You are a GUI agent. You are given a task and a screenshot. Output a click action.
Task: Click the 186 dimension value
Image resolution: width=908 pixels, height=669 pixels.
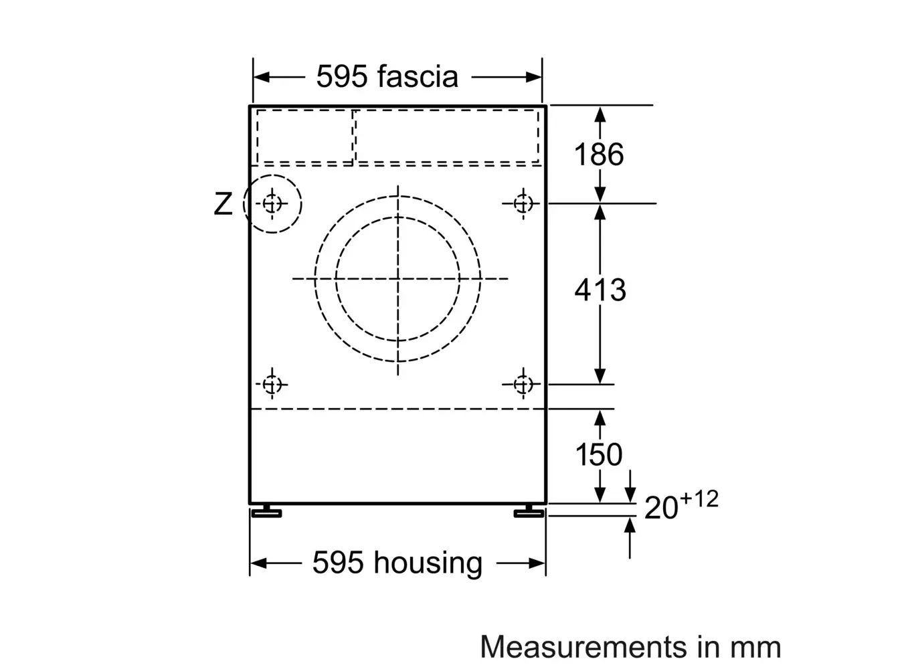[x=599, y=155]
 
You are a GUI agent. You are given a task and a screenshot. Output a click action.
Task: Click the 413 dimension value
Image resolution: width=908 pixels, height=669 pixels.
[x=600, y=290]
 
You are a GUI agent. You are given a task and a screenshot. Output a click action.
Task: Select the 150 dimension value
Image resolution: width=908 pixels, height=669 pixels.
[x=599, y=455]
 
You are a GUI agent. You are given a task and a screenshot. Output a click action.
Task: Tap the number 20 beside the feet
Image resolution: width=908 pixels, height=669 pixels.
[x=660, y=507]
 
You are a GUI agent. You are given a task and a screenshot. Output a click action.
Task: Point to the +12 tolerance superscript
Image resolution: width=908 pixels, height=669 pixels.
[x=699, y=499]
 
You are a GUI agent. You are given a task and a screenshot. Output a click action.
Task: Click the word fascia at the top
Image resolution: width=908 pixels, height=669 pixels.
[x=418, y=76]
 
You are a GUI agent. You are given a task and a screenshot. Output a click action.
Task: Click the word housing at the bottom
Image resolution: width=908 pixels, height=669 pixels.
[x=428, y=563]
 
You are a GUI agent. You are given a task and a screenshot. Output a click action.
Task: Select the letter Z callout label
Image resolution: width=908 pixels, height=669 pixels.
[x=223, y=204]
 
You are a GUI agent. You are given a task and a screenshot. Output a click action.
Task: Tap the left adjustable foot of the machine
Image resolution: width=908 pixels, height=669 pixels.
[x=266, y=512]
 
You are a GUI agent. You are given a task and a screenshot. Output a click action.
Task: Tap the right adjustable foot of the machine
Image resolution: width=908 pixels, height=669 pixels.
[x=529, y=512]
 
